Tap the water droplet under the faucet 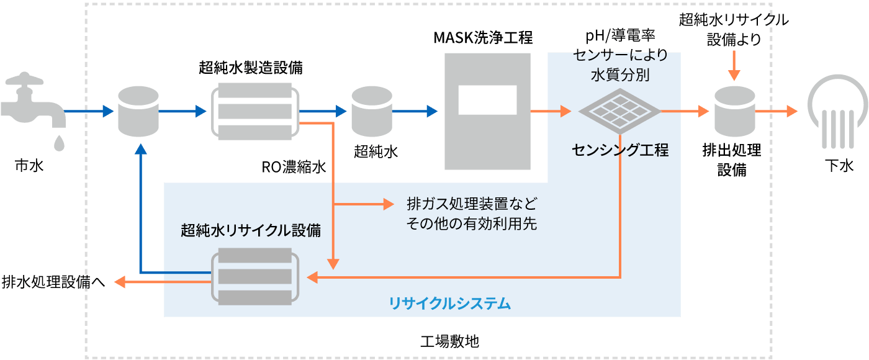(x=58, y=143)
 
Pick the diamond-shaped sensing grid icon (x=619, y=112)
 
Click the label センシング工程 (x=620, y=150)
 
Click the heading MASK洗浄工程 (x=483, y=38)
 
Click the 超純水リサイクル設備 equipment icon (x=255, y=276)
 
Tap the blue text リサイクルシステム (x=450, y=304)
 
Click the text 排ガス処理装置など (x=471, y=204)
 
